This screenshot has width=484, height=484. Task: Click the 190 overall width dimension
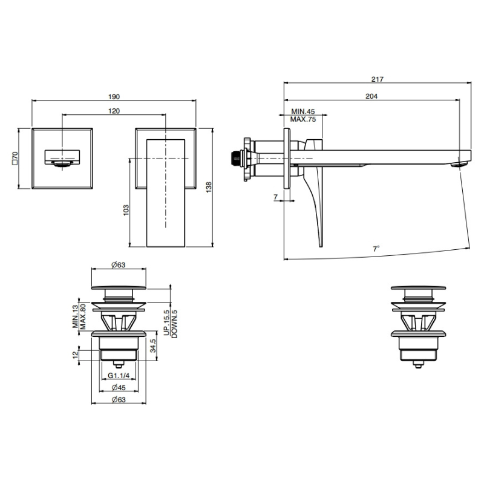point(114,97)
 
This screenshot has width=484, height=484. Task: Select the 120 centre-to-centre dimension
point(114,111)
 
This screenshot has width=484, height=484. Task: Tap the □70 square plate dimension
point(15,159)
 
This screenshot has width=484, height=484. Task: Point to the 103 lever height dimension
point(126,210)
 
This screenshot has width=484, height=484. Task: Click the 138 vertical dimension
point(209,188)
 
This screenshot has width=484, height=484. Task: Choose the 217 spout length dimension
point(377,79)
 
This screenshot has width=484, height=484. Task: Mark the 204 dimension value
point(371,96)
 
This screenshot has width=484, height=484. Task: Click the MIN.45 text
point(303,111)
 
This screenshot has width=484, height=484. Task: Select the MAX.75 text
point(303,119)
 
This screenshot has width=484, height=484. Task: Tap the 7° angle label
point(376,249)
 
